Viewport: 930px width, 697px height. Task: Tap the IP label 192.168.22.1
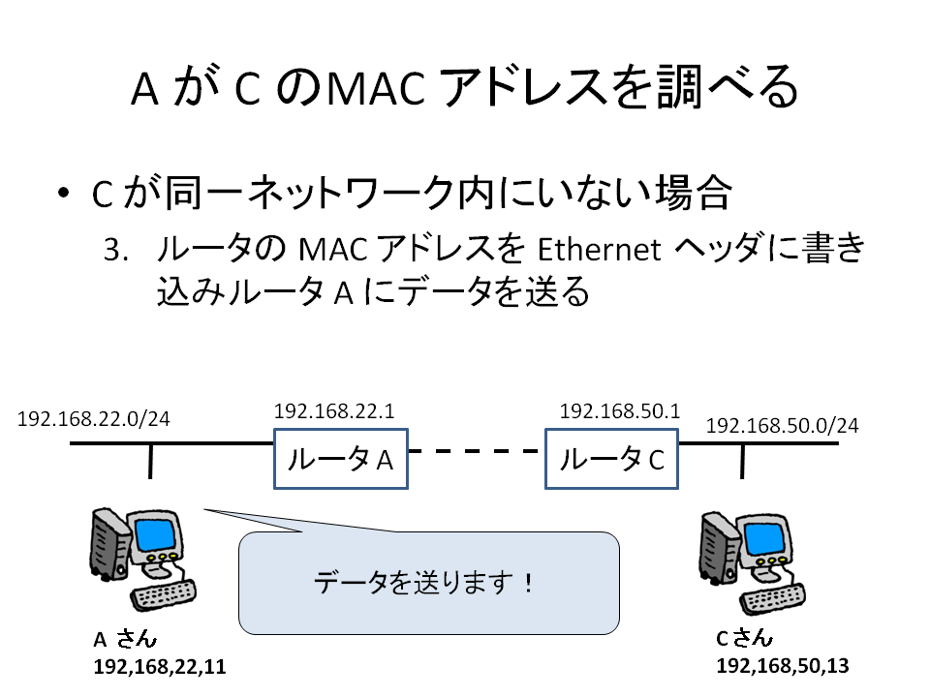[334, 410]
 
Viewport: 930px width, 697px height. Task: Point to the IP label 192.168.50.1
[620, 410]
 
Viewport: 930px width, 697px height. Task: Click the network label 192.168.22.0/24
[94, 419]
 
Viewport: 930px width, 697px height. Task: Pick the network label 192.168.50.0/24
[783, 426]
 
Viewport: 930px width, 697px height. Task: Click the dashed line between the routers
[477, 451]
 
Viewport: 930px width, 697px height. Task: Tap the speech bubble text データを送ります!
[423, 583]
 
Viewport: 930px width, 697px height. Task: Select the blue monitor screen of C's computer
[764, 539]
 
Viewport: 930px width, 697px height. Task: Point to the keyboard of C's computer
[773, 599]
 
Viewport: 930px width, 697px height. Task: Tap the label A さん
[125, 639]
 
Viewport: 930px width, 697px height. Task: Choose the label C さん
[745, 638]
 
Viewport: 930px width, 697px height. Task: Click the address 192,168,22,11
[160, 667]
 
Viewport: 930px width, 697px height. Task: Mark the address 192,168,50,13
[783, 666]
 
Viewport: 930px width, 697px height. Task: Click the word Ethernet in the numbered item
[599, 250]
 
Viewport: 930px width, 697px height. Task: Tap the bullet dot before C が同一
[64, 193]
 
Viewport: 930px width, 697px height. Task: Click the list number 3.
[116, 250]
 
